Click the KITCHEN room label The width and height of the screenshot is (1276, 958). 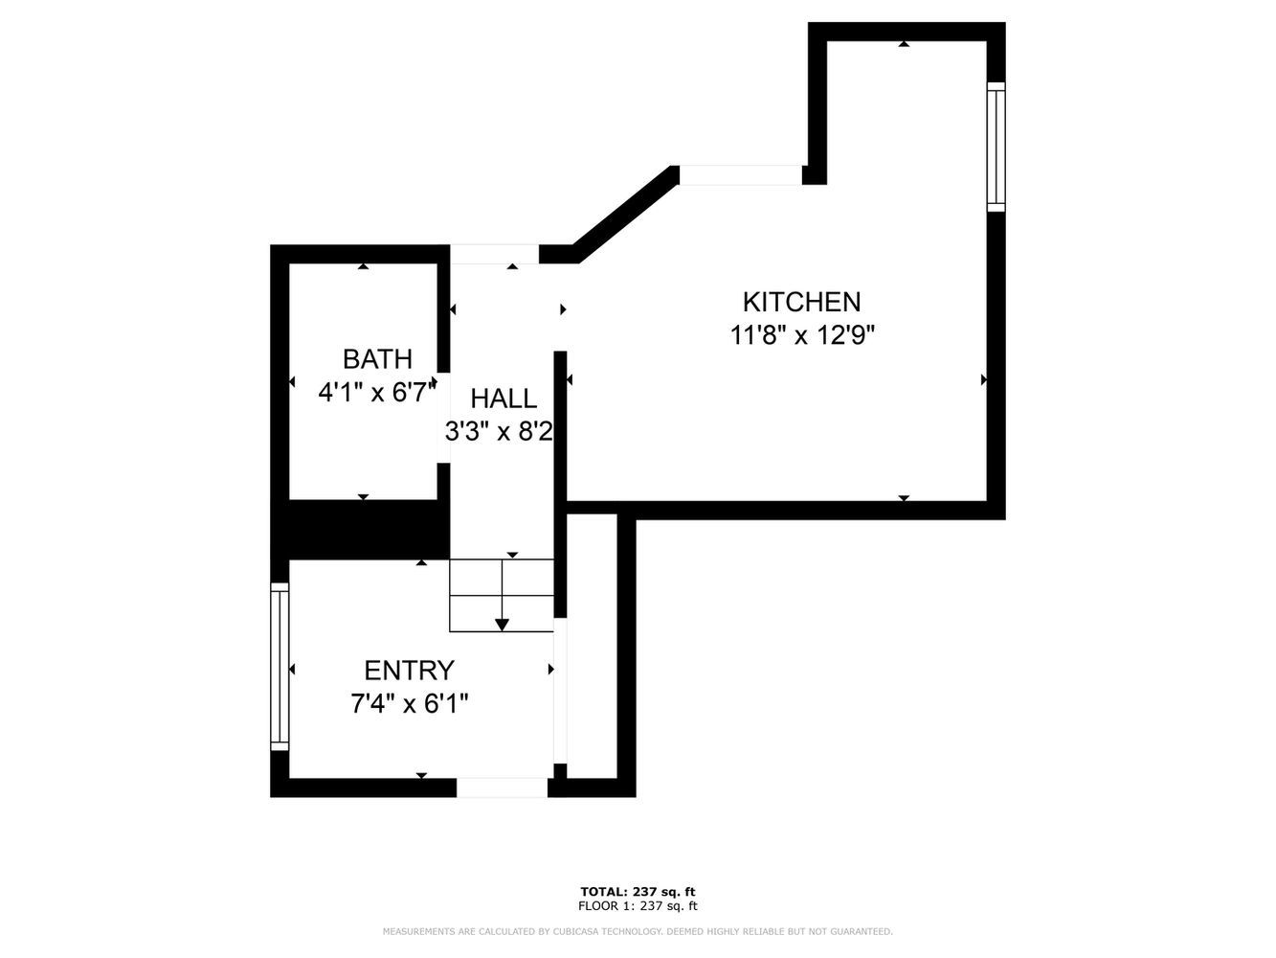(801, 302)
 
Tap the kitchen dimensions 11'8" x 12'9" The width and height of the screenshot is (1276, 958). (802, 336)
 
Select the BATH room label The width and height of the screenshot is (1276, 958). (377, 359)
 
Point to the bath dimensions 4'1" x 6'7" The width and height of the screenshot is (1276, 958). (377, 392)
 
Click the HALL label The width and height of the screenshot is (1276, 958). (504, 399)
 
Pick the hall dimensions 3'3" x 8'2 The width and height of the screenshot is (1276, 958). (499, 432)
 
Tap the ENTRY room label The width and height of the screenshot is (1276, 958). (409, 671)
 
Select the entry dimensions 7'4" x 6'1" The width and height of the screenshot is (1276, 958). (409, 704)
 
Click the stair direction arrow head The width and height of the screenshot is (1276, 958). (502, 625)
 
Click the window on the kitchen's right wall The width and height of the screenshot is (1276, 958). (996, 147)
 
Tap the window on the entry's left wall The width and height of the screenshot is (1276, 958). (280, 667)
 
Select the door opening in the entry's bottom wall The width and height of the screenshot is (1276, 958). (502, 787)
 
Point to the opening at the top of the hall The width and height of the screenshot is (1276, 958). (494, 254)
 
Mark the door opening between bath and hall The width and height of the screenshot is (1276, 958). (443, 418)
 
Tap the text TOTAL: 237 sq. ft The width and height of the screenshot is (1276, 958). (638, 892)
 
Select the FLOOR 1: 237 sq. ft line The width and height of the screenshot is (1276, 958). (638, 906)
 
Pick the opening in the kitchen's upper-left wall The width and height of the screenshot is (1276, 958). (739, 175)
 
